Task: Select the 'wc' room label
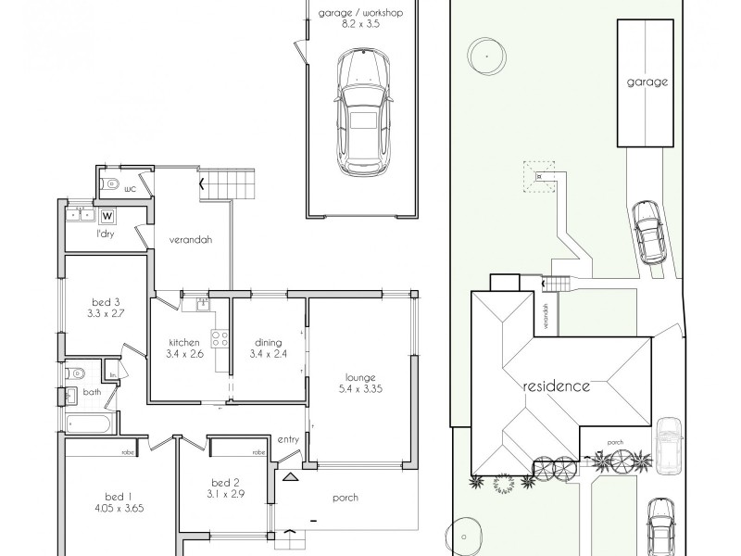[130, 189]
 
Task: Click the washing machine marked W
[108, 217]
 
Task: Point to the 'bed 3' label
[106, 301]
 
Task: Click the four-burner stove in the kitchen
[220, 339]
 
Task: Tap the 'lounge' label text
[360, 377]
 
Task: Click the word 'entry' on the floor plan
[287, 438]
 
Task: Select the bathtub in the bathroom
[89, 424]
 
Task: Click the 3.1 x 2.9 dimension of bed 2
[226, 496]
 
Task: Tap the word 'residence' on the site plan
[555, 385]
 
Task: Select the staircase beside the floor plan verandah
[227, 183]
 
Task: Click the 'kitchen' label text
[184, 342]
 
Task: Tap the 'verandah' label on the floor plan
[191, 239]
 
